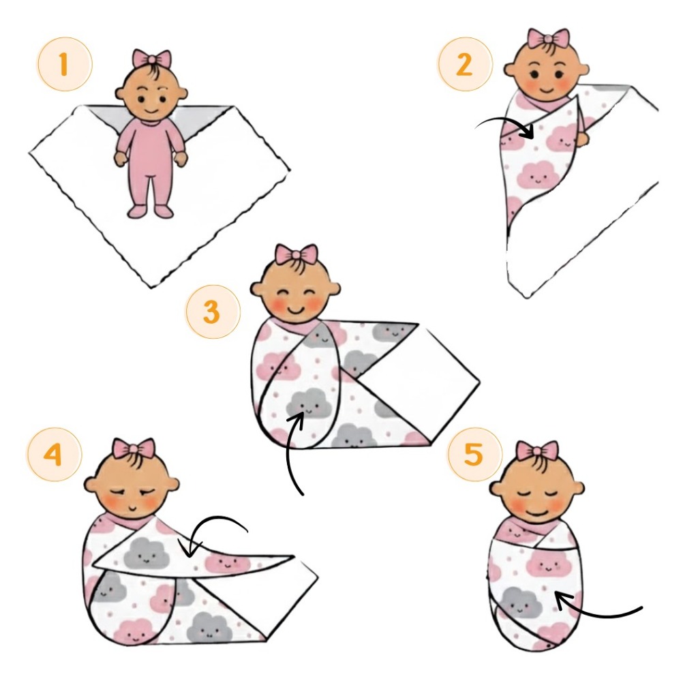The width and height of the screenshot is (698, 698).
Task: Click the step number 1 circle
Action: pos(65,64)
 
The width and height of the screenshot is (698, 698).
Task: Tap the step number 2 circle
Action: pos(465,64)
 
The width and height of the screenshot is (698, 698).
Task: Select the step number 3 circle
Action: pos(213,312)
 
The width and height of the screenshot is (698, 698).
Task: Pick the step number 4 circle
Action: pos(55,454)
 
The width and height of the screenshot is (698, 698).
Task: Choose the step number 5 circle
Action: pos(474,454)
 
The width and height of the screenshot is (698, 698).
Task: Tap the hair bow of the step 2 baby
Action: pos(548,39)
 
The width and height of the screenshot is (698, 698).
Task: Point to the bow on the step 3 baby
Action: pos(296,255)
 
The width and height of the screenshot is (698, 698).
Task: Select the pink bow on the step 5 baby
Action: pos(537,452)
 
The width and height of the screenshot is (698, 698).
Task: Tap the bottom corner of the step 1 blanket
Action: pos(151,288)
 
